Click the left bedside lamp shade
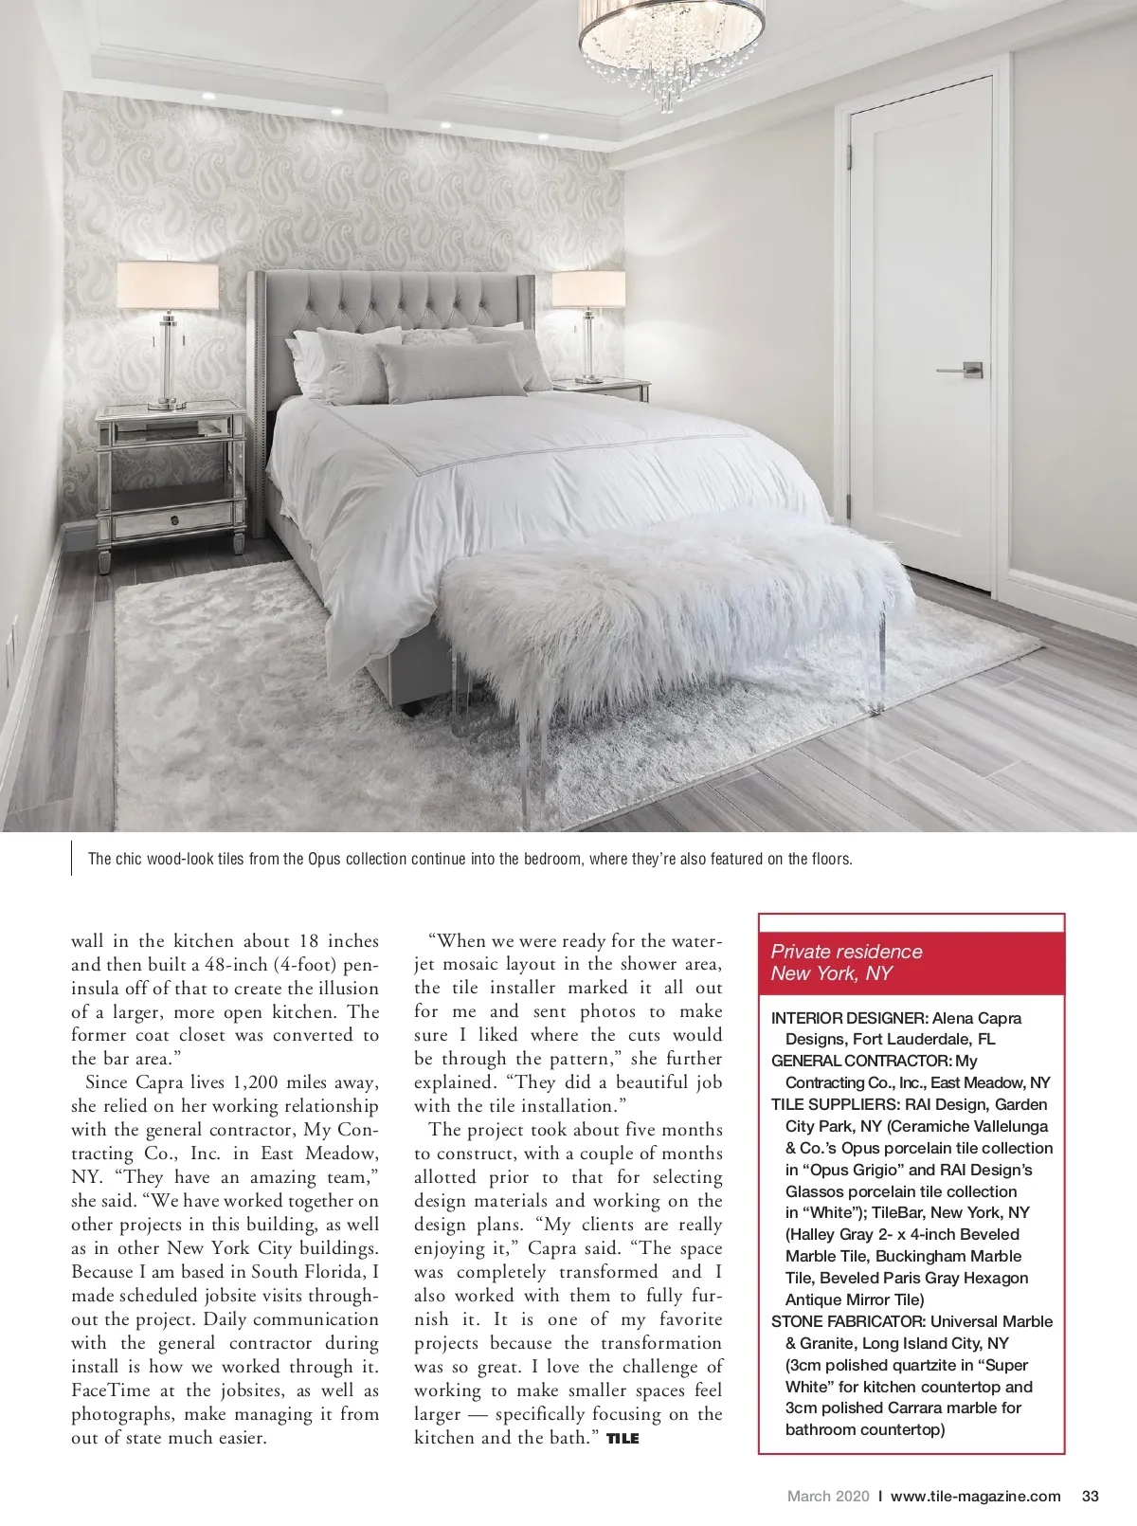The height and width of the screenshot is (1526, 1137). [x=168, y=285]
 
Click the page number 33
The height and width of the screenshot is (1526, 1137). [x=1090, y=1497]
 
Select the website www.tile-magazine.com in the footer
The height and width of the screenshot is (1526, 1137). [x=976, y=1497]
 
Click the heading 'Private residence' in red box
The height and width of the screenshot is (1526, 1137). [x=846, y=952]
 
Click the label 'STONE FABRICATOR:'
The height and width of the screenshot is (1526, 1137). [x=849, y=1321]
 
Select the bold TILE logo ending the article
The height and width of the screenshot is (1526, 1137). [x=623, y=1438]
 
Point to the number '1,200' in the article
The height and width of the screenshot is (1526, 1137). [x=259, y=1082]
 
